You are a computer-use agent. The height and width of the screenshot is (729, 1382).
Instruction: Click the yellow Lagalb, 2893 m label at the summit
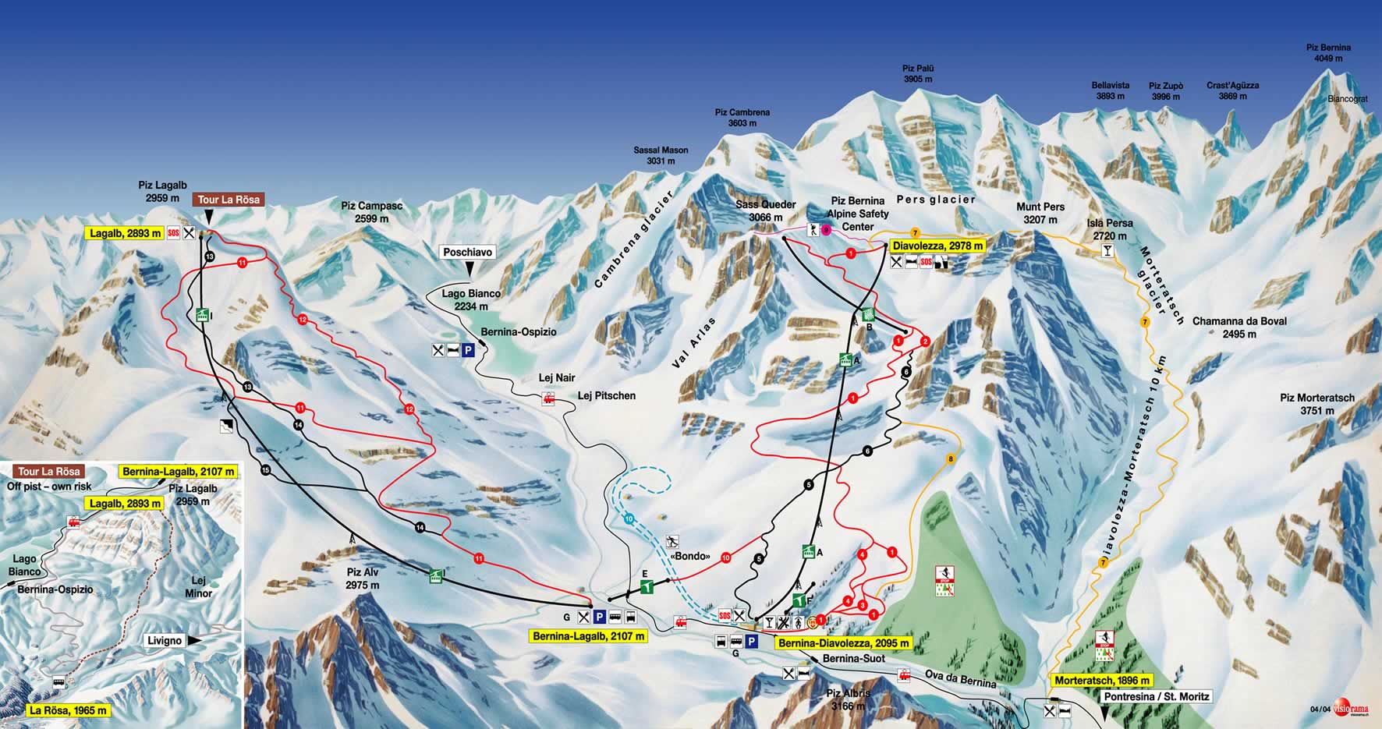click(x=126, y=233)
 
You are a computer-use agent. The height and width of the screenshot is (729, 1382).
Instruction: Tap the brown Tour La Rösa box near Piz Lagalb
click(x=229, y=200)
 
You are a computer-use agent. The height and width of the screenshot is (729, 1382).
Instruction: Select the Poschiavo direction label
click(x=468, y=252)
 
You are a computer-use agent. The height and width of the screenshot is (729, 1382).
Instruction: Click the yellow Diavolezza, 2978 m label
click(x=938, y=246)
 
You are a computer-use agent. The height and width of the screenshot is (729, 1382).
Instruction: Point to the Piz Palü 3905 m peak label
click(x=918, y=74)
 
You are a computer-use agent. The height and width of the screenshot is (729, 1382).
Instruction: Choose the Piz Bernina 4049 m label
click(x=1328, y=52)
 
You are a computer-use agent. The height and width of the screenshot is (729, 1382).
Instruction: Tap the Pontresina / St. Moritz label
click(x=1156, y=695)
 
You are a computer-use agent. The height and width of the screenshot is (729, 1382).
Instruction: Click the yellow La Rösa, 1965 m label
click(x=68, y=710)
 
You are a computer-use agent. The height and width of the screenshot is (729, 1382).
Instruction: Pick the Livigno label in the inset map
click(x=165, y=641)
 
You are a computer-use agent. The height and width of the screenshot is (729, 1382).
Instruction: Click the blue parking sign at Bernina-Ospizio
click(x=468, y=350)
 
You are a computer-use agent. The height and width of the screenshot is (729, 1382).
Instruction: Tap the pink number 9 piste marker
click(x=826, y=229)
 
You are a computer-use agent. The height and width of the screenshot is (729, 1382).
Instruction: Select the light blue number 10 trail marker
click(x=629, y=518)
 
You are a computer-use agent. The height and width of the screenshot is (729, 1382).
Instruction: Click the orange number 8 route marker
click(x=950, y=459)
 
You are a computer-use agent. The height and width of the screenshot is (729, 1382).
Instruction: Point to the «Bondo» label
click(x=690, y=557)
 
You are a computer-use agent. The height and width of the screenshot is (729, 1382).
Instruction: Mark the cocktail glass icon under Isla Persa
click(x=1106, y=251)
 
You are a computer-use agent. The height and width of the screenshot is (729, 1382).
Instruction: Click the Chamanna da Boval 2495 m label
click(x=1239, y=327)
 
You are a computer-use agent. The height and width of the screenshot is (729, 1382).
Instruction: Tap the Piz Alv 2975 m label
click(x=363, y=578)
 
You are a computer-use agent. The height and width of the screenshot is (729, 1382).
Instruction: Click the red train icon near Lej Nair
click(x=548, y=399)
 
